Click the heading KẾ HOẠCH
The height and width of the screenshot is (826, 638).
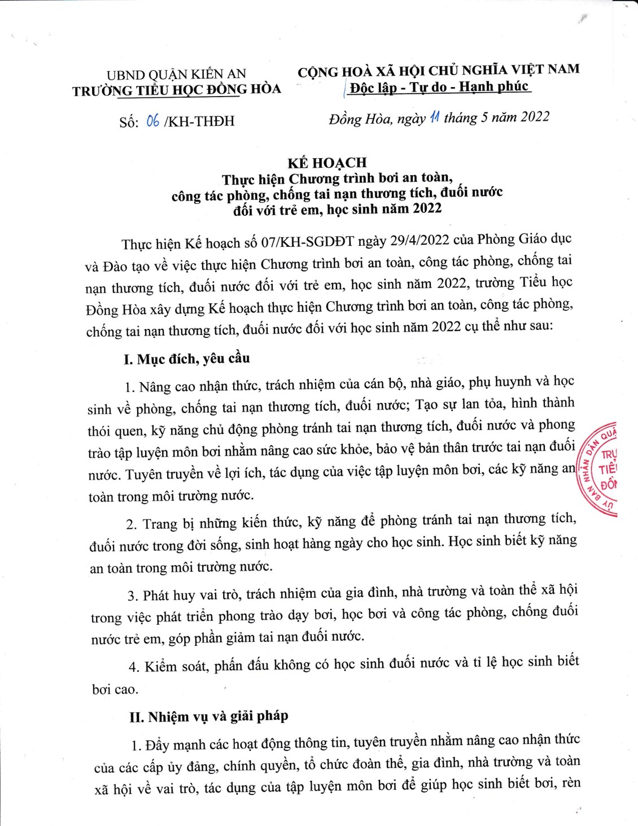[327, 163]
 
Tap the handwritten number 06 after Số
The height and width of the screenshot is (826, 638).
[152, 120]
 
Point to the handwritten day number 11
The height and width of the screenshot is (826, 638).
[434, 117]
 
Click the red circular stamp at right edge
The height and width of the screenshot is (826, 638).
[600, 469]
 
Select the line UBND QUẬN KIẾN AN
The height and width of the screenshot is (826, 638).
[176, 74]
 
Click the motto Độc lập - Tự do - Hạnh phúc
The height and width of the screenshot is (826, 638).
[439, 87]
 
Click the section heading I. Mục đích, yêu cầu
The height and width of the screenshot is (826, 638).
[187, 359]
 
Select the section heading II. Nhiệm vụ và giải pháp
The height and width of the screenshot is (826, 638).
[208, 716]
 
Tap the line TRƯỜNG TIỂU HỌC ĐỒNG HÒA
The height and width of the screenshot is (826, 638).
[176, 90]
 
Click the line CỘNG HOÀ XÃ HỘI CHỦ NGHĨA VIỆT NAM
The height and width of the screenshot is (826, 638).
[439, 70]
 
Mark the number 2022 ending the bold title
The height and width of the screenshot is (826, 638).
[427, 208]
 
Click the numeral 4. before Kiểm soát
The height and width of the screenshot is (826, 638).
[134, 667]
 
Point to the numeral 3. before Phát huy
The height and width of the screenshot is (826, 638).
[133, 596]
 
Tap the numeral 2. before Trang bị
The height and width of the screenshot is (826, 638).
[132, 525]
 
